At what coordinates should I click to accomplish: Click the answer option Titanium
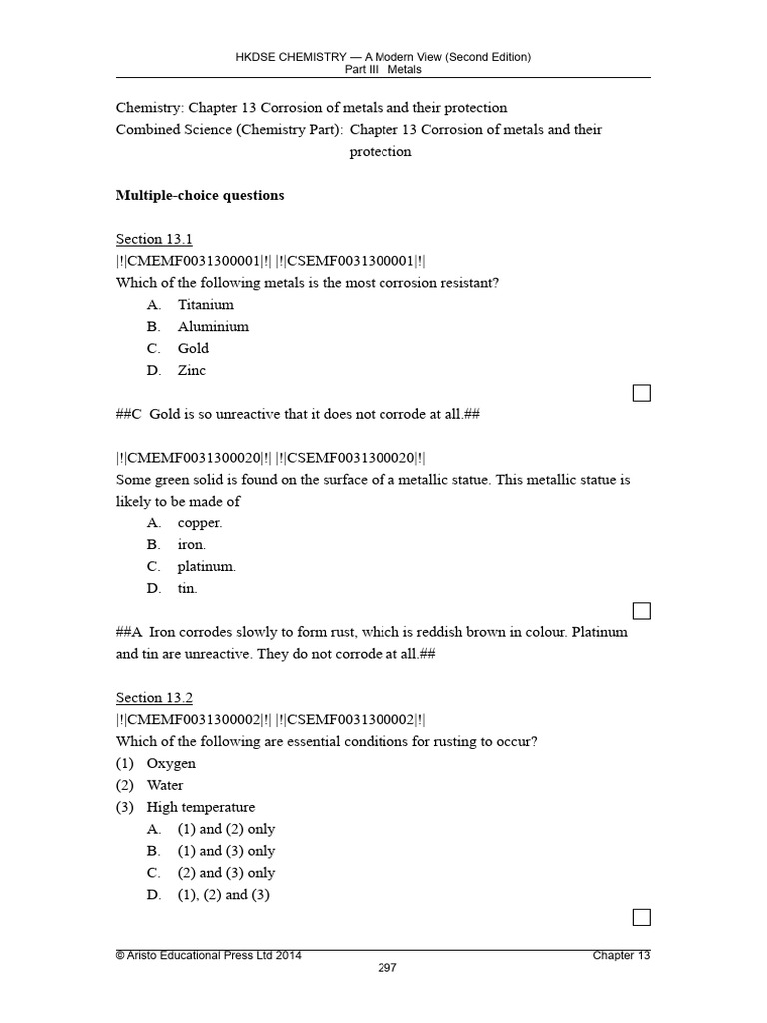pyautogui.click(x=205, y=304)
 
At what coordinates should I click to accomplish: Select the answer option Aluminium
pyautogui.click(x=213, y=326)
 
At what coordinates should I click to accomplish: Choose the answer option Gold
pyautogui.click(x=193, y=348)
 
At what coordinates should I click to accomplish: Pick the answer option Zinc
pyautogui.click(x=192, y=370)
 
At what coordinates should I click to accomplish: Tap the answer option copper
pyautogui.click(x=200, y=522)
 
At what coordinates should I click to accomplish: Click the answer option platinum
pyautogui.click(x=207, y=566)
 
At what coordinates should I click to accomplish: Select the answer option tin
pyautogui.click(x=188, y=588)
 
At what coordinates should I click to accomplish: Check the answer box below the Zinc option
pyautogui.click(x=642, y=393)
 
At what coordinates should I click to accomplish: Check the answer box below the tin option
pyautogui.click(x=642, y=611)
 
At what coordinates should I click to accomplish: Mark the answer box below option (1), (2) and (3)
pyautogui.click(x=642, y=917)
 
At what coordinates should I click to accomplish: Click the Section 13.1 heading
pyautogui.click(x=154, y=239)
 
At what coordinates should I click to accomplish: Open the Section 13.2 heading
pyautogui.click(x=154, y=698)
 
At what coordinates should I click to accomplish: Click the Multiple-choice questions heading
pyautogui.click(x=200, y=195)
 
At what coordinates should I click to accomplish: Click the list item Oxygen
pyautogui.click(x=171, y=763)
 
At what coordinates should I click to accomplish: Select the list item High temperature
pyautogui.click(x=200, y=807)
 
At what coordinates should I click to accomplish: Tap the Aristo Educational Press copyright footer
pyautogui.click(x=209, y=955)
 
